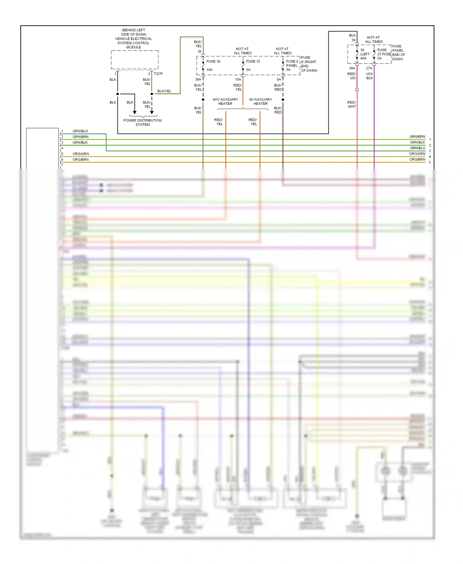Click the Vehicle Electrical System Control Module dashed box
(135, 60)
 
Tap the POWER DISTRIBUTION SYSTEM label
(142, 122)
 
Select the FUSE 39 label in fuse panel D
(213, 61)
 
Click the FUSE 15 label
(253, 61)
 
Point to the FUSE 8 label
(292, 61)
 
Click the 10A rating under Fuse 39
(210, 70)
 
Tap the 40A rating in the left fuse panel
(363, 58)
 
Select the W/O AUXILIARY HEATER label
(225, 102)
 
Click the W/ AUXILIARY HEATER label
(261, 102)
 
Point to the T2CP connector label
(158, 74)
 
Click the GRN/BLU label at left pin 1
(80, 131)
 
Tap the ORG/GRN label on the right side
(417, 154)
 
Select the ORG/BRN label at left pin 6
(80, 160)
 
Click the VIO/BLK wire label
(369, 76)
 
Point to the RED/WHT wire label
(352, 105)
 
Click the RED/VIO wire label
(352, 76)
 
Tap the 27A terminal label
(369, 68)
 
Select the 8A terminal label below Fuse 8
(279, 80)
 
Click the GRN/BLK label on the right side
(417, 142)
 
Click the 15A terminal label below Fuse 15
(238, 80)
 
